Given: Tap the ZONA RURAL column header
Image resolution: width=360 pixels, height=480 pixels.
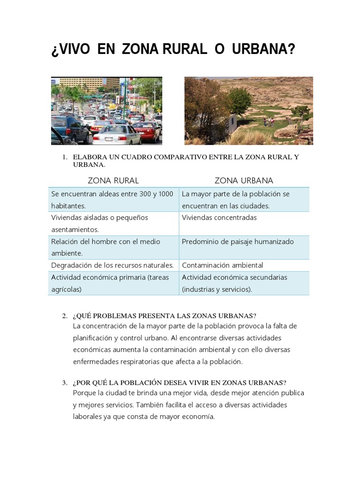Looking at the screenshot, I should [113, 180].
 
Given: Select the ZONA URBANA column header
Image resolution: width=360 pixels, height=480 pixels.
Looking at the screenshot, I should [244, 180].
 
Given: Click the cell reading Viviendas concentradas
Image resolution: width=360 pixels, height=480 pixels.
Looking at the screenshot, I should [219, 217].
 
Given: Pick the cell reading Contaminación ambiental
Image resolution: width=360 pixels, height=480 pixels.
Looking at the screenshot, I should [222, 265].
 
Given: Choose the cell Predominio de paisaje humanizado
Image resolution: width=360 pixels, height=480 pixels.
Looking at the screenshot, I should [238, 241].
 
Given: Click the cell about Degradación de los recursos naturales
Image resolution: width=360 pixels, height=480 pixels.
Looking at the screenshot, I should [112, 265].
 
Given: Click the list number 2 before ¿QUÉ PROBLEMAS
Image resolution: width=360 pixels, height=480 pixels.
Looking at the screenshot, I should [65, 315].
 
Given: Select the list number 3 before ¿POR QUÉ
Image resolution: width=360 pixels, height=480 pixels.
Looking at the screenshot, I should [65, 382].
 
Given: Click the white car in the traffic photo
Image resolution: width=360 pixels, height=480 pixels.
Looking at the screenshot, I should [117, 135].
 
